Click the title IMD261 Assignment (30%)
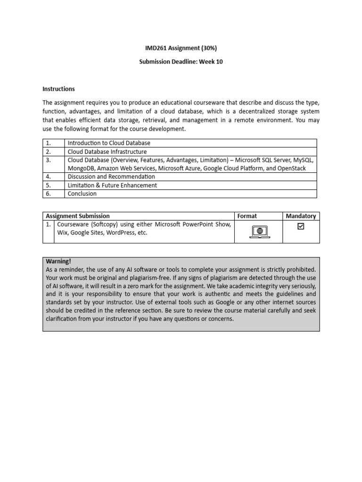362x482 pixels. coord(181,48)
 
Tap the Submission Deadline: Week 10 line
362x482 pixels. coord(181,62)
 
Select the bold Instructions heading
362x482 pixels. coord(58,88)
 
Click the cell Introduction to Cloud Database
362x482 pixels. coord(109,143)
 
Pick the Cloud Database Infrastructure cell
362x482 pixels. coord(107,152)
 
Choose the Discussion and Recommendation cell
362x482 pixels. coord(111,177)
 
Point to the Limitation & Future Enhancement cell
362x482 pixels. coord(112,185)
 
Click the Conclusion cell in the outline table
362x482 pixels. coord(82,193)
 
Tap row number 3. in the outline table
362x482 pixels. coord(49,160)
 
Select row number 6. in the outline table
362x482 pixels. coord(49,193)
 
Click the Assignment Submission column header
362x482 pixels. coord(78,216)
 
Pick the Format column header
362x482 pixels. coord(247,216)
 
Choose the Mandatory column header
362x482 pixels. coord(301,216)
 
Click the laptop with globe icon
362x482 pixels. coord(259,231)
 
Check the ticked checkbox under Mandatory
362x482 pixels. coord(301,227)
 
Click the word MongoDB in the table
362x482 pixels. coord(82,168)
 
